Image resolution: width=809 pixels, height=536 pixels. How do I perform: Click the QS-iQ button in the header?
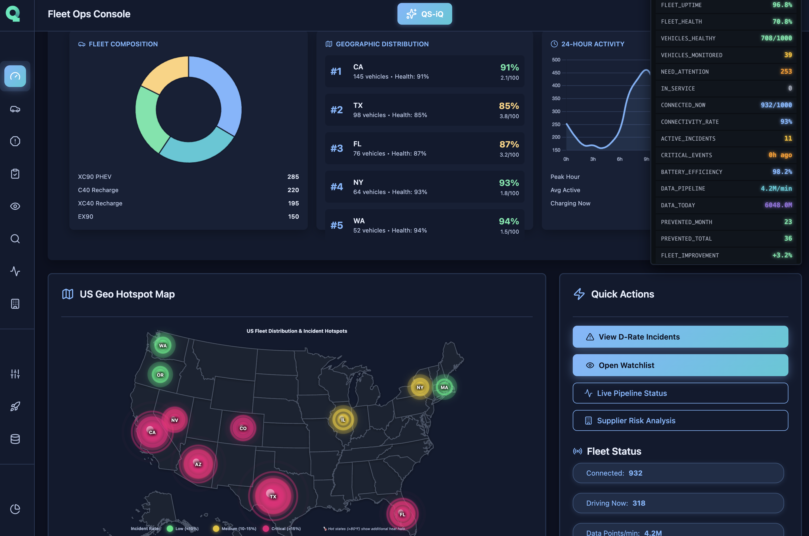point(425,14)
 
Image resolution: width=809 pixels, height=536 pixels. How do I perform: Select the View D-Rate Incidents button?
point(680,337)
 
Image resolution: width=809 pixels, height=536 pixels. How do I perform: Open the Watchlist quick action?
point(680,365)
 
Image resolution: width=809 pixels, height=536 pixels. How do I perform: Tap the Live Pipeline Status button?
point(680,393)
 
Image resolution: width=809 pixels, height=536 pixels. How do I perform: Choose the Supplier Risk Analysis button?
point(680,421)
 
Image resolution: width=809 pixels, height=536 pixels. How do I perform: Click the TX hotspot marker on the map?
point(273,496)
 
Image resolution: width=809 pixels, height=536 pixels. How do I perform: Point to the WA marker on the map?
point(163,346)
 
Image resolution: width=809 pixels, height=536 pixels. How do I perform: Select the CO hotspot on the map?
point(243,428)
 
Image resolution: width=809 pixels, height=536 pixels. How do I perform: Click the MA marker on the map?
point(444,387)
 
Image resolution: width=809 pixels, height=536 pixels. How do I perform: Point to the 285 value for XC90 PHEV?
point(293,177)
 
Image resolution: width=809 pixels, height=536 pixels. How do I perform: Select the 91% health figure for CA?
point(509,67)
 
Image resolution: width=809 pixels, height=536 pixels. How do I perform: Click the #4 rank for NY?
point(336,187)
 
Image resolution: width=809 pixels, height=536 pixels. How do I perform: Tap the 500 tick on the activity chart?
point(556,60)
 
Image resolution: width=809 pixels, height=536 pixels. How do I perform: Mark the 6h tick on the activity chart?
point(619,159)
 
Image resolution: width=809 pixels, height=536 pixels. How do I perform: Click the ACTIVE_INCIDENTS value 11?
point(788,138)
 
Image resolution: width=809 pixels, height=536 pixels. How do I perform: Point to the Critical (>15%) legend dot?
point(266,528)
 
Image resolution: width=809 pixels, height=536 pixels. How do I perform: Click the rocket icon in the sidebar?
point(15,406)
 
